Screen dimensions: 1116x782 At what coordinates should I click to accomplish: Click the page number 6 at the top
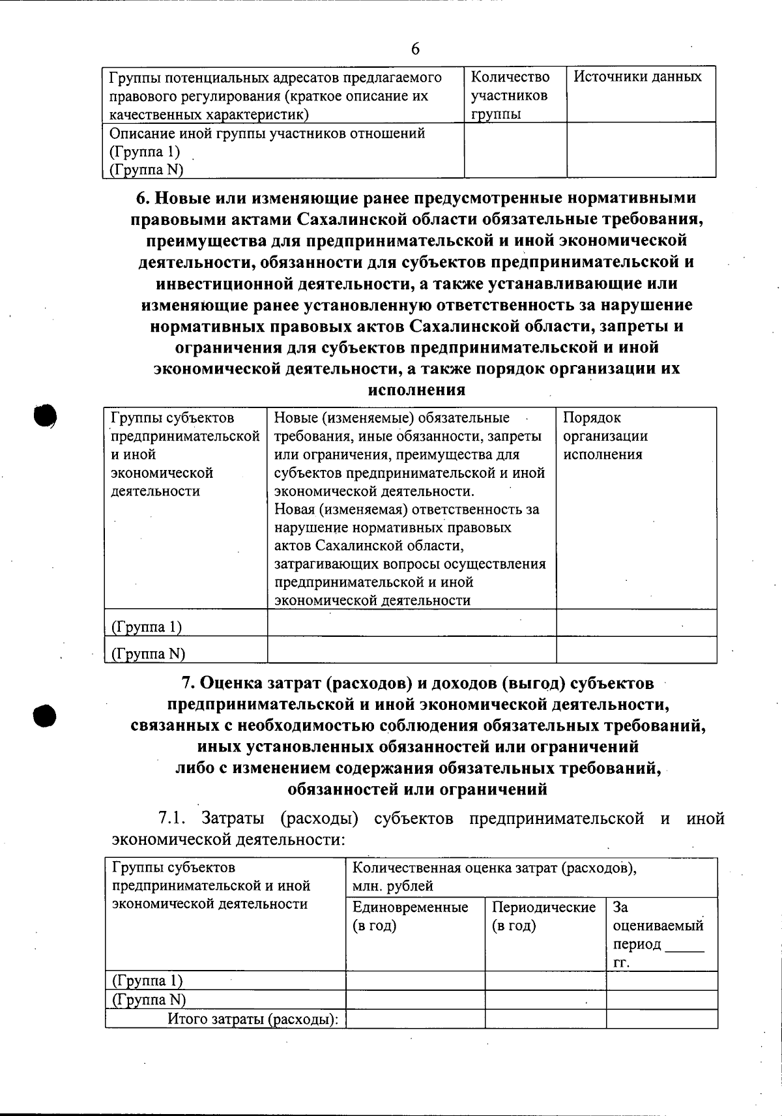point(415,50)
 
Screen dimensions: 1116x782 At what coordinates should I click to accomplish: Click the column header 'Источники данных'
point(637,77)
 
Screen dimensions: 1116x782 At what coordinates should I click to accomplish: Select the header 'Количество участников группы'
point(510,95)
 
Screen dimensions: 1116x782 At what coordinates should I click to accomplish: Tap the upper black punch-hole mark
point(45,415)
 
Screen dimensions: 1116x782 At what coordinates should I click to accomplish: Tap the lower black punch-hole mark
point(45,714)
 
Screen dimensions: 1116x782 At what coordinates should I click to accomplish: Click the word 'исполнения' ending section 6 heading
point(416,390)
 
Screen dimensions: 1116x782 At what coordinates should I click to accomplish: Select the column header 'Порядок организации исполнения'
point(605,436)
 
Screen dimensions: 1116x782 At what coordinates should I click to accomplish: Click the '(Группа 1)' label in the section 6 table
point(147,626)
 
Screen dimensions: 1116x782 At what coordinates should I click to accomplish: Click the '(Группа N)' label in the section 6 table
point(149,653)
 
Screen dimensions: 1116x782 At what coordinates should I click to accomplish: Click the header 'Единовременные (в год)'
point(410,916)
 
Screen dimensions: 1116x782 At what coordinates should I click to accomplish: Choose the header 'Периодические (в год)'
point(543,916)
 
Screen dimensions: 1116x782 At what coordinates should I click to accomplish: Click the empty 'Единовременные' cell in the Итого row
point(414,1019)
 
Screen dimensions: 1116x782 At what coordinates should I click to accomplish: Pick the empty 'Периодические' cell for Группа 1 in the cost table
point(545,980)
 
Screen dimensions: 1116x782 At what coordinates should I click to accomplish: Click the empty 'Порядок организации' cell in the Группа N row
point(636,650)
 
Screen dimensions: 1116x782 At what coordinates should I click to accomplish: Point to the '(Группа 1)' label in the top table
point(144,152)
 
